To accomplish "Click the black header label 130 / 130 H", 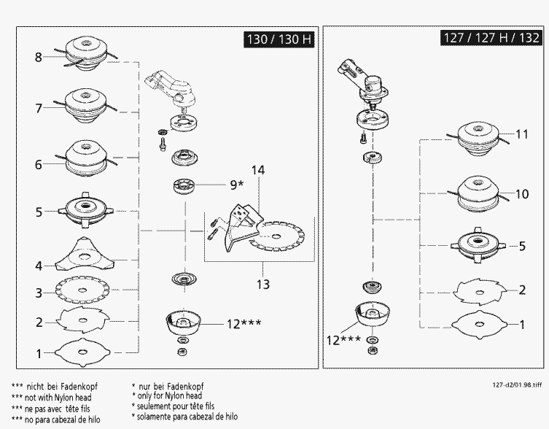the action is click(279, 39).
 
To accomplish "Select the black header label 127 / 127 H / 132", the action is click(491, 37).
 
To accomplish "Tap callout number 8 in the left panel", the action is click(38, 57).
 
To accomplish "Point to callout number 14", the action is click(258, 170).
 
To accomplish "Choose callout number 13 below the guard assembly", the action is click(263, 285).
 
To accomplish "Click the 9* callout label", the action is click(236, 185).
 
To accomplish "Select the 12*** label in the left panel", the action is click(244, 323).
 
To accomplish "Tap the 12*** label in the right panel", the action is click(343, 340).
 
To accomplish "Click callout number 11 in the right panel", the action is click(522, 134).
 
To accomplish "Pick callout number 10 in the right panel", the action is click(522, 194).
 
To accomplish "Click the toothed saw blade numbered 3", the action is click(82, 290).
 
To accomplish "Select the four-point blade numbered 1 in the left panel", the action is click(82, 352).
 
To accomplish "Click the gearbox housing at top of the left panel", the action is click(170, 88).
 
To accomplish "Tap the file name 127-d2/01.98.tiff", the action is click(517, 384).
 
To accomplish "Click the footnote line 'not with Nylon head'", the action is click(52, 398).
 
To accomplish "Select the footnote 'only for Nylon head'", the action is click(167, 395).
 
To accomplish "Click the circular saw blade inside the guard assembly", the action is click(277, 236).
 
